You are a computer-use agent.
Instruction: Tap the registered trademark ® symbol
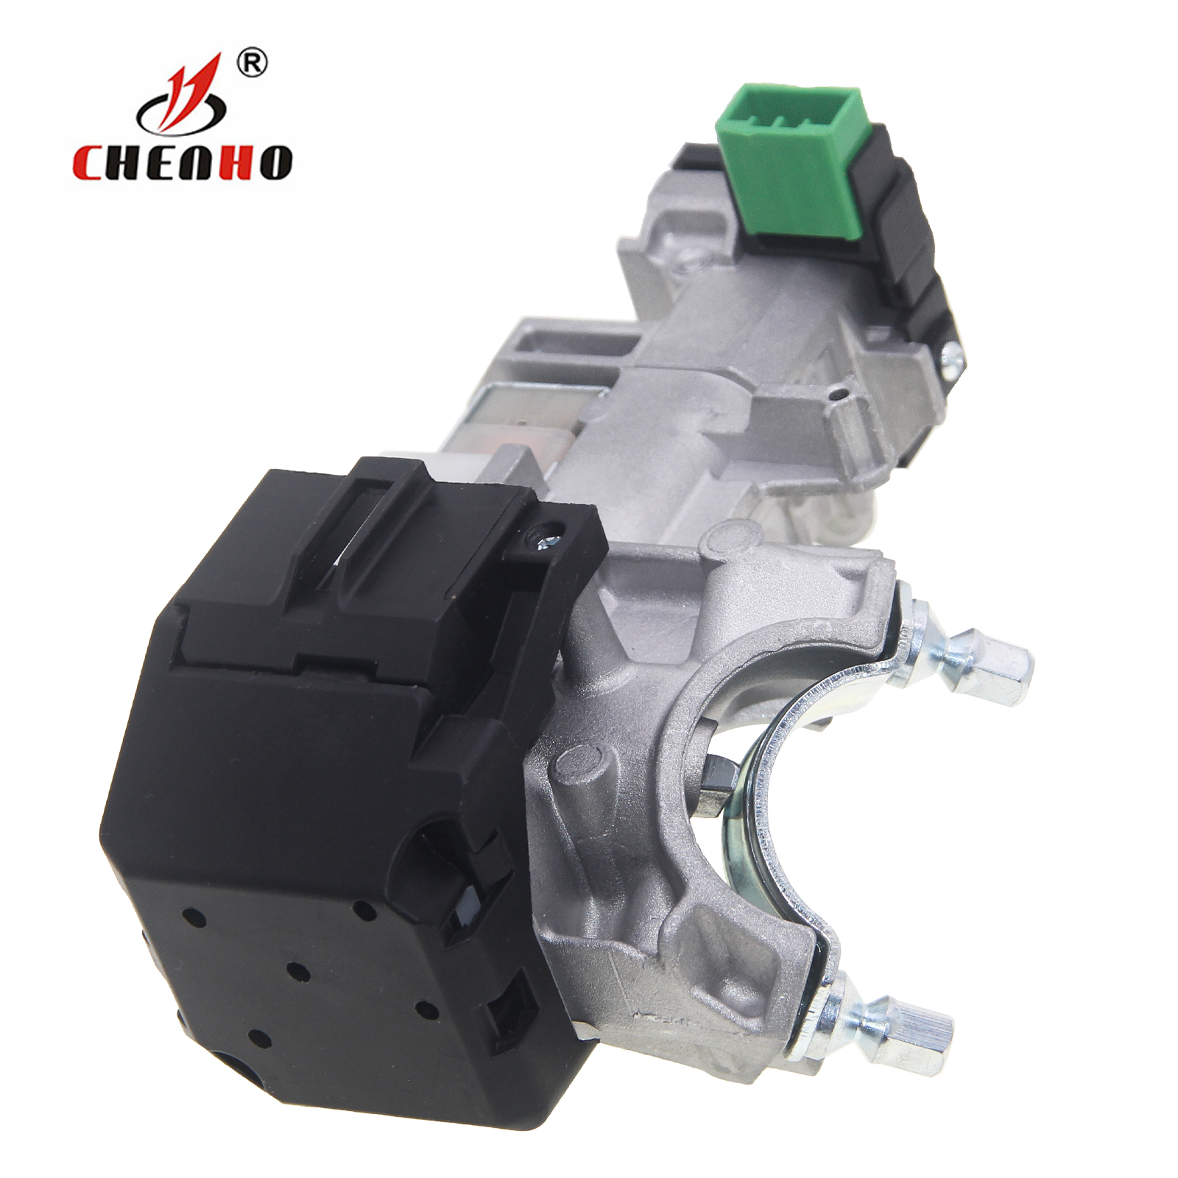[x=252, y=64]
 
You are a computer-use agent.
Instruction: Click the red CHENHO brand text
[x=182, y=163]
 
